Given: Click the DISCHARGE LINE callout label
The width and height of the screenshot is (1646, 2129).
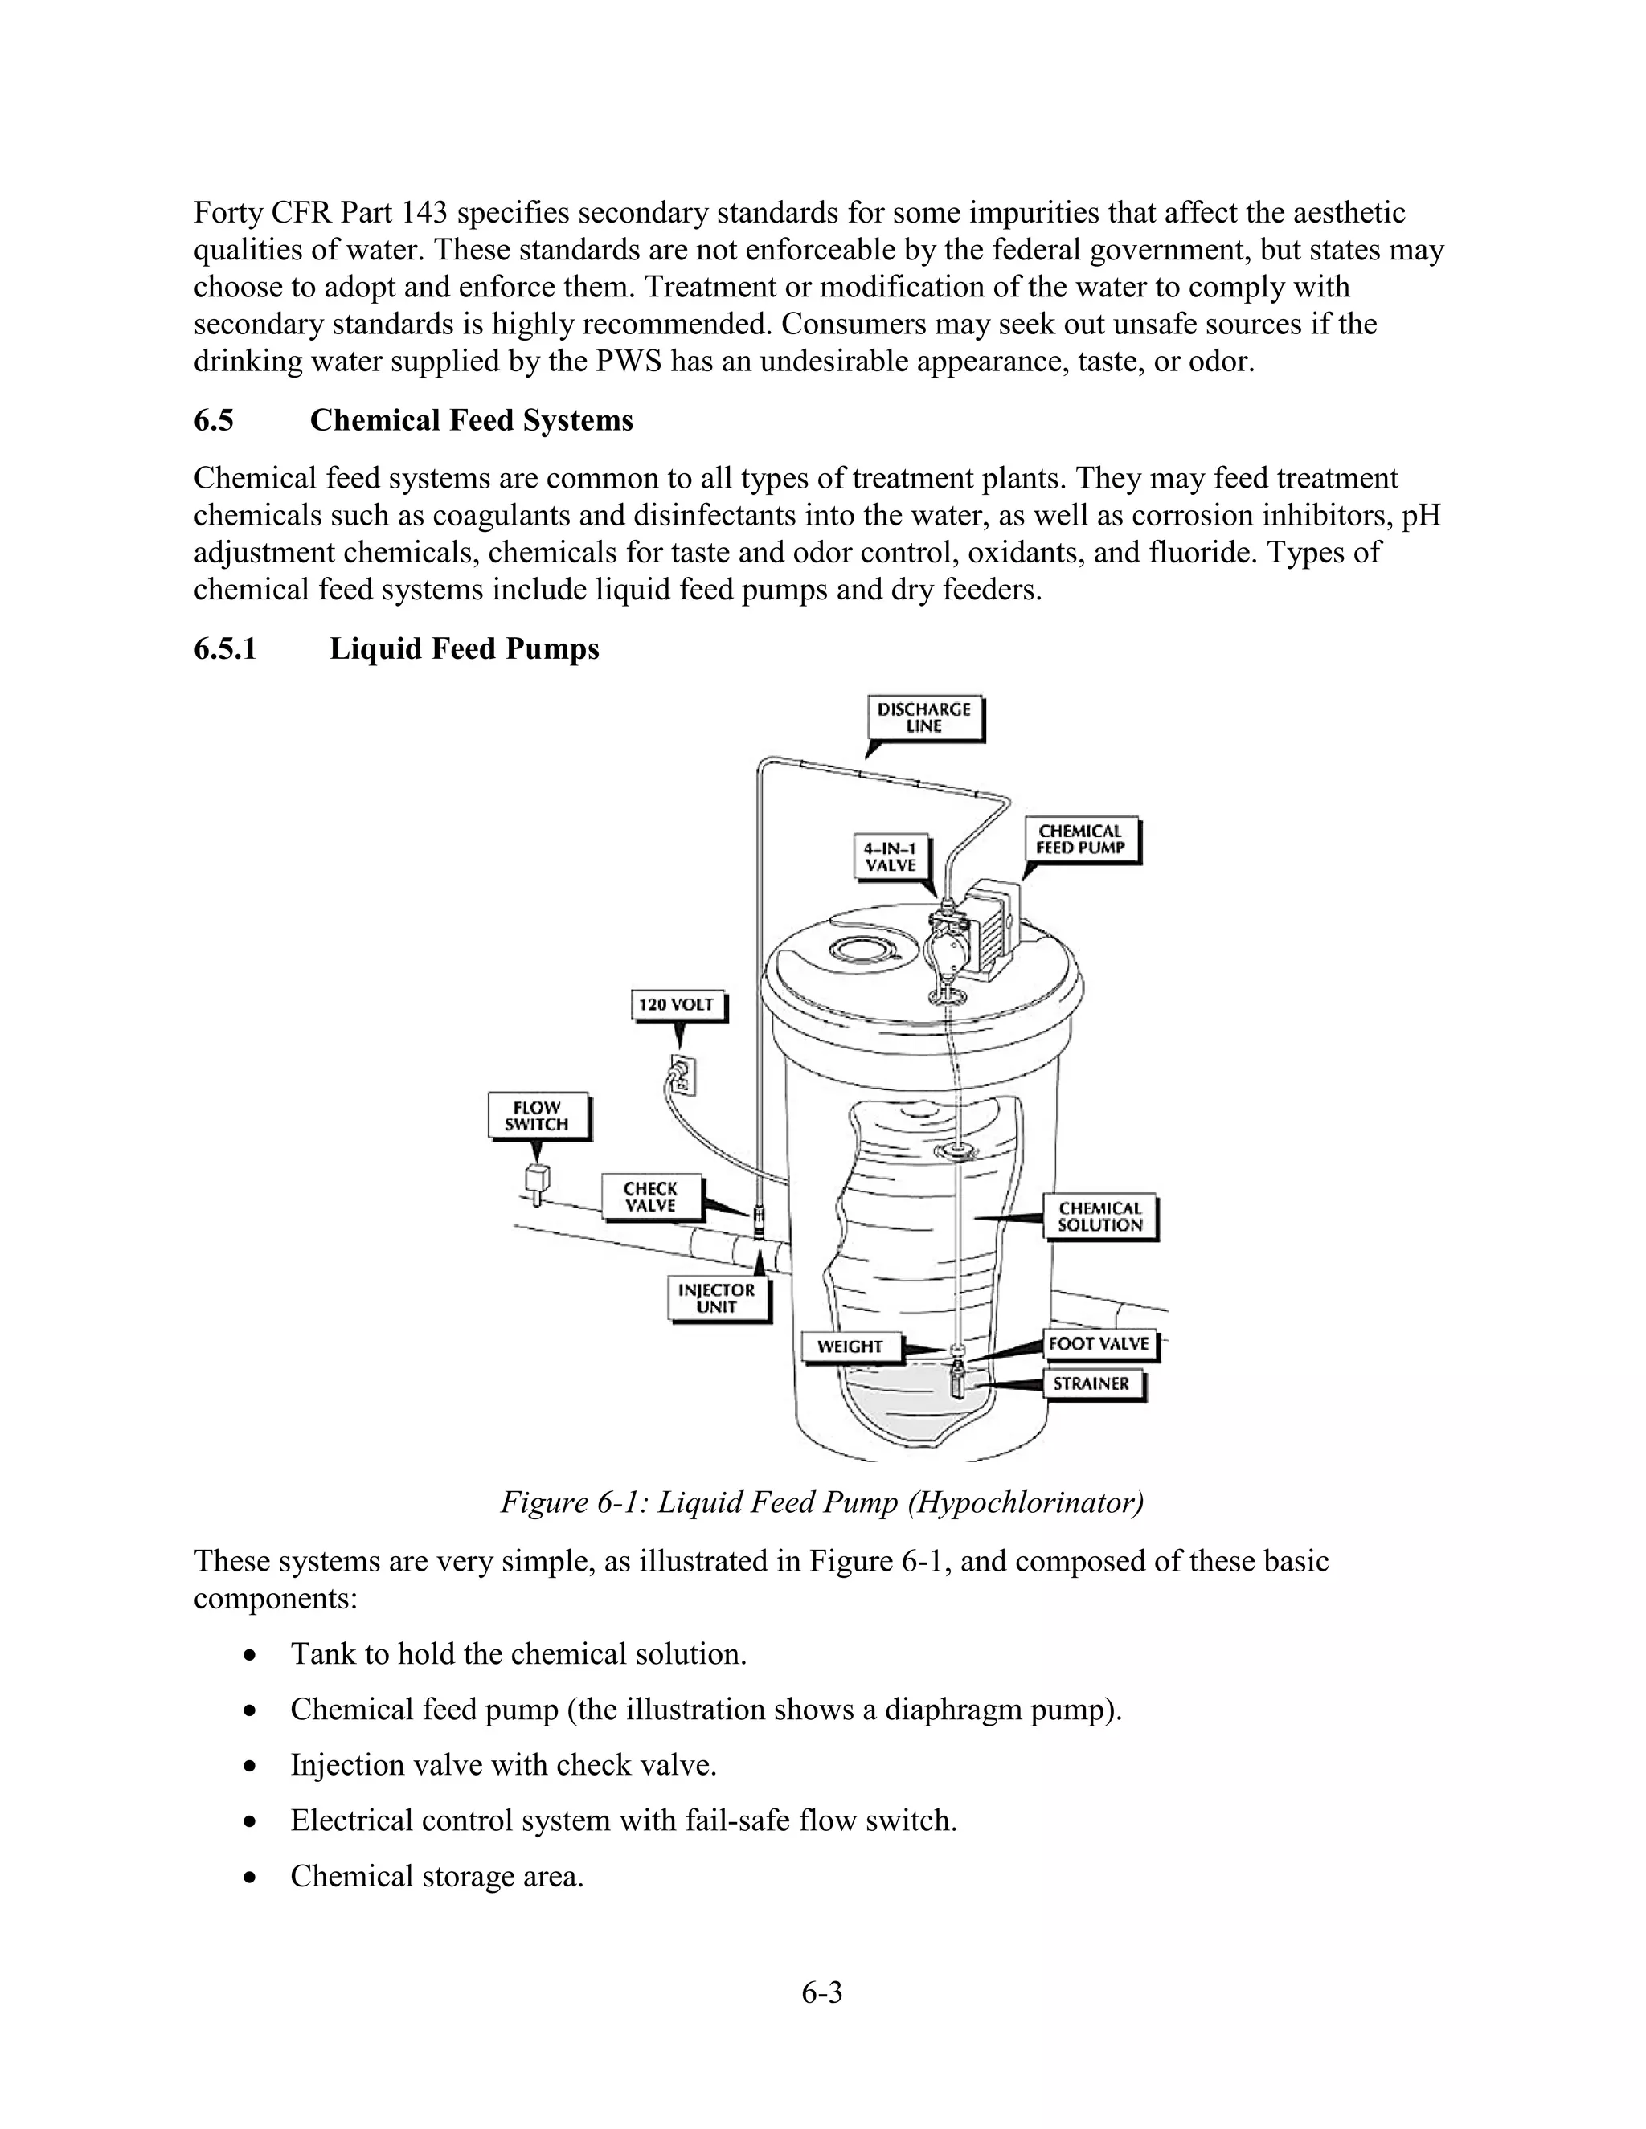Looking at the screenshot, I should click(923, 718).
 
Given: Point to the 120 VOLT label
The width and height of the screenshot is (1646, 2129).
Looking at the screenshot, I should click(677, 1004).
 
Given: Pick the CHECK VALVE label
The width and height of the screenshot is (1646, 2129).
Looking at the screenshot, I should click(649, 1196).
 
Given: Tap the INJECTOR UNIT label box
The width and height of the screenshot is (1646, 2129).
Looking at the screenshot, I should click(717, 1298).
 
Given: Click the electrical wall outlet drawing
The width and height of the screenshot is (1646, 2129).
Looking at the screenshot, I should click(682, 1073).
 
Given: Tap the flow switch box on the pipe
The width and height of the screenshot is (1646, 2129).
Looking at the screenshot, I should click(536, 1178).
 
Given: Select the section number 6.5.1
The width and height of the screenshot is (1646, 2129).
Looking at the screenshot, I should click(225, 648).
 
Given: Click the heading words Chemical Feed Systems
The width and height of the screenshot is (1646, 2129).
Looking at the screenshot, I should click(471, 420).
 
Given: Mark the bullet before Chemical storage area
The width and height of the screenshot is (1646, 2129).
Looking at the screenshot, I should click(252, 1876).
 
